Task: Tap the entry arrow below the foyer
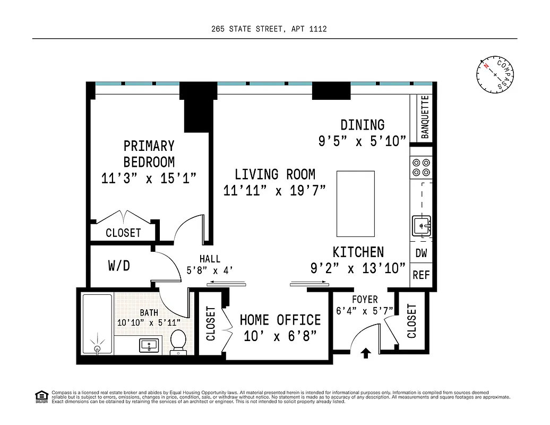click(x=366, y=353)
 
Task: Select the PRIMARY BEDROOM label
click(x=149, y=154)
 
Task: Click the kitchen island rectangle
click(x=356, y=203)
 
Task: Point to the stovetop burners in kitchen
click(x=422, y=167)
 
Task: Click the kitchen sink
click(x=422, y=226)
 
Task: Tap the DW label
click(x=422, y=253)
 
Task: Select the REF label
click(x=422, y=275)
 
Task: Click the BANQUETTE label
click(x=425, y=117)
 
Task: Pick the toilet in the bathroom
click(x=178, y=341)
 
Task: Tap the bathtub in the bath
click(x=97, y=324)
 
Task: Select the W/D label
click(x=119, y=266)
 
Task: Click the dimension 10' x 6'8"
click(x=280, y=336)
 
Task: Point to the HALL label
click(x=210, y=259)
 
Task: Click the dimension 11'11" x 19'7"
click(x=274, y=191)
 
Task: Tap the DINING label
click(x=363, y=125)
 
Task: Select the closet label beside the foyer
click(x=412, y=320)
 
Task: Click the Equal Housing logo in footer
click(x=40, y=396)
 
